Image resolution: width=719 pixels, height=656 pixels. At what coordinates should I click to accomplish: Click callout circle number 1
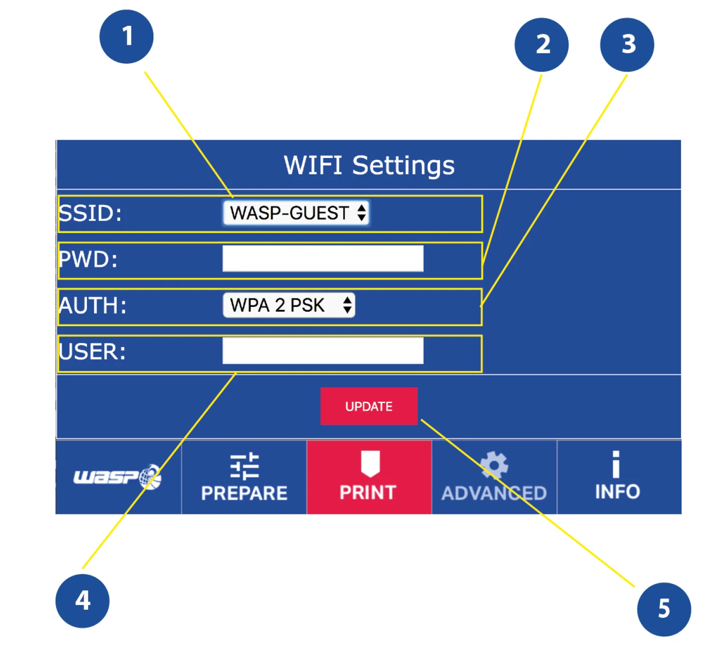click(126, 36)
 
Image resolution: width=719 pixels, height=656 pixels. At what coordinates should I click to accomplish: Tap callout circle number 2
click(541, 45)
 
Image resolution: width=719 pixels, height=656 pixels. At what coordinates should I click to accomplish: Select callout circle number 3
click(627, 45)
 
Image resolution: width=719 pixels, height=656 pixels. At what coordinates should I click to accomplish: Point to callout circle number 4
click(82, 601)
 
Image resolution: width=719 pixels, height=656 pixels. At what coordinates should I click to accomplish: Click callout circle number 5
click(664, 609)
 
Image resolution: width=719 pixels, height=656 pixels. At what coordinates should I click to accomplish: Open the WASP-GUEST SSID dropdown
click(296, 213)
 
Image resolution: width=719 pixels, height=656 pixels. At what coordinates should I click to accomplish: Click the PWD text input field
click(323, 259)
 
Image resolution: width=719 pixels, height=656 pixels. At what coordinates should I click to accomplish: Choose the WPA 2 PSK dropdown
click(289, 305)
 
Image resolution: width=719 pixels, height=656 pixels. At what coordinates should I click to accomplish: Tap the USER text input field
click(323, 351)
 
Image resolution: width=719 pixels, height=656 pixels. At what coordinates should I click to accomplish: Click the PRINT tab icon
click(370, 463)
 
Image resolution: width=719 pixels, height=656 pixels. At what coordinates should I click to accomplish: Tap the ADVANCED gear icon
click(494, 464)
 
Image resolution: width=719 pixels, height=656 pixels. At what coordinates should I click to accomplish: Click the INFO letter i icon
click(616, 464)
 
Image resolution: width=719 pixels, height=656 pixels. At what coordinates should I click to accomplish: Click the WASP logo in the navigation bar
click(118, 477)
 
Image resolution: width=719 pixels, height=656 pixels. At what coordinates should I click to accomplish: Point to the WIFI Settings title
click(369, 165)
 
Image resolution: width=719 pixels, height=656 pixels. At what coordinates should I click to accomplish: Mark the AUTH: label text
click(93, 306)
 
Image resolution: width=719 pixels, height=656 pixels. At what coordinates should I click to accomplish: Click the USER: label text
click(93, 351)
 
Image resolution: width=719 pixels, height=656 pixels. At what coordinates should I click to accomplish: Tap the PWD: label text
click(89, 259)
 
